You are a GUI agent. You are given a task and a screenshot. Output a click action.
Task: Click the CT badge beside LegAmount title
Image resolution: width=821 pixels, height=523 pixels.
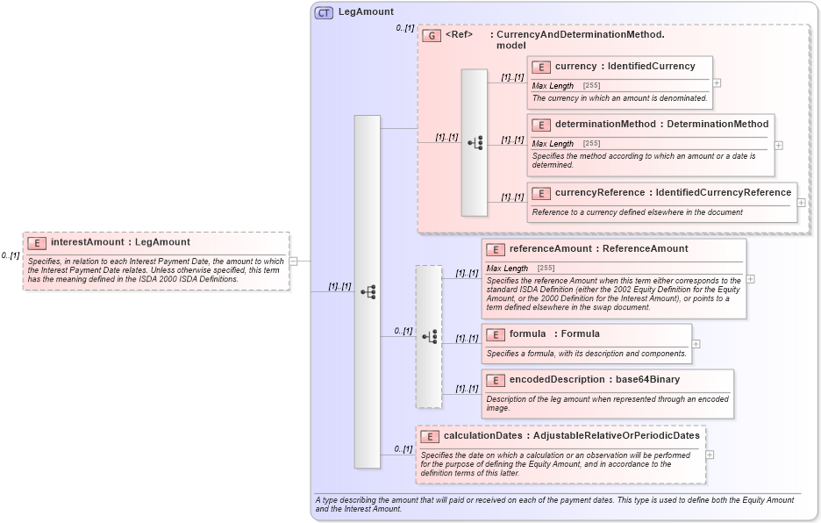[324, 12]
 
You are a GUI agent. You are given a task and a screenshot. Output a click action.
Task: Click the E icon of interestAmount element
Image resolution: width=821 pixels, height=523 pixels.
[37, 242]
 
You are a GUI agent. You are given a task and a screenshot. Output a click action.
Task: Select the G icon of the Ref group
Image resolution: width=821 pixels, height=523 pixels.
[431, 36]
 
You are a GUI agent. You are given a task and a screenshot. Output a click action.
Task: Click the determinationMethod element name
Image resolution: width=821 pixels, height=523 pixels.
[604, 124]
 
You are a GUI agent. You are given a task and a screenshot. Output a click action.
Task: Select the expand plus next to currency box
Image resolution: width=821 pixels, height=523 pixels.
[717, 82]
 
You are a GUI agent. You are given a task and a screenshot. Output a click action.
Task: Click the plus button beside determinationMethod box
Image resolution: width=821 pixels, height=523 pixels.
[778, 145]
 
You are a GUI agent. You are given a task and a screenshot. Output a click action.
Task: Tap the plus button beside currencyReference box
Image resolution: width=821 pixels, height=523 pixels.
[801, 203]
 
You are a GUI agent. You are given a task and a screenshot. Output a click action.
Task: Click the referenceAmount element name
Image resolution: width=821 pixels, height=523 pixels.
[550, 248]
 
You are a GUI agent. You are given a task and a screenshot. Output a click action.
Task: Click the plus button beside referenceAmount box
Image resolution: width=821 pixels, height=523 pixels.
[750, 279]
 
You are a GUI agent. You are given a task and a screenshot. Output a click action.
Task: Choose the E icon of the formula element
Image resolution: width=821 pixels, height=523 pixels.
[495, 334]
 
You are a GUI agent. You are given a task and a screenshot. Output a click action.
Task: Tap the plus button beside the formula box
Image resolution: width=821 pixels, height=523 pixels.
[696, 344]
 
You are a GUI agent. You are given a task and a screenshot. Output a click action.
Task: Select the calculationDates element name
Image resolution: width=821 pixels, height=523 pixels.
[483, 435]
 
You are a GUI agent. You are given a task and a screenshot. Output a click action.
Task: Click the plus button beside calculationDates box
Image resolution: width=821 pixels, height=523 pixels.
[710, 455]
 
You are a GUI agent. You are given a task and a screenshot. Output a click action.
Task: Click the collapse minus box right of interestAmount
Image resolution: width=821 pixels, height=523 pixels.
[294, 261]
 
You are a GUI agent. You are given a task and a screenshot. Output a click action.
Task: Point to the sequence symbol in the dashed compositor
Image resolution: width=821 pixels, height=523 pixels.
[429, 336]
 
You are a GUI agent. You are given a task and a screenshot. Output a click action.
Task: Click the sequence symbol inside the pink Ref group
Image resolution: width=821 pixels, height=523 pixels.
[475, 142]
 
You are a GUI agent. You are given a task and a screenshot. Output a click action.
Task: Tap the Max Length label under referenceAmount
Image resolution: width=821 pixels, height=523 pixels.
[507, 268]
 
